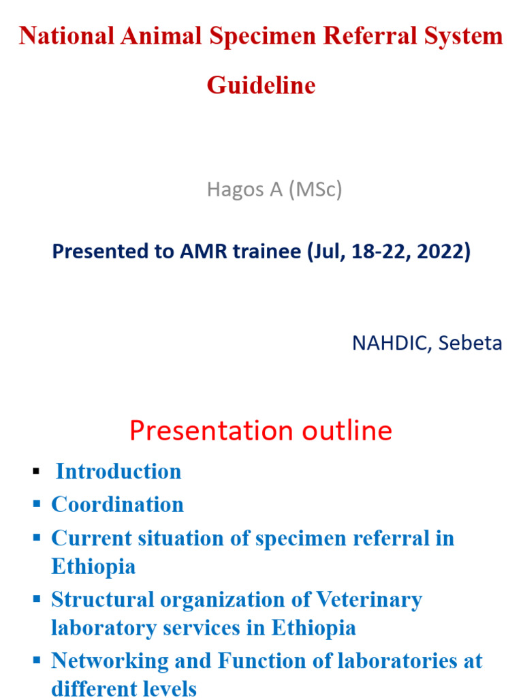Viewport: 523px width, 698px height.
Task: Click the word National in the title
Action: (67, 36)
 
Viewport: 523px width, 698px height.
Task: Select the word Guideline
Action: (261, 86)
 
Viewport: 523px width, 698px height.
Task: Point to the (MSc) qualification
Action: (315, 189)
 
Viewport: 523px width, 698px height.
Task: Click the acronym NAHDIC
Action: (392, 343)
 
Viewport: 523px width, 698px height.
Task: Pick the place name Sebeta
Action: (471, 343)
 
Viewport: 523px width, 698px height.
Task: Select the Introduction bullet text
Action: (118, 472)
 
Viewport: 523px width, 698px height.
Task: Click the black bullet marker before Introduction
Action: (36, 472)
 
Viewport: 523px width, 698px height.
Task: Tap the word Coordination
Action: (117, 505)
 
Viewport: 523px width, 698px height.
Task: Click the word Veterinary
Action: (368, 600)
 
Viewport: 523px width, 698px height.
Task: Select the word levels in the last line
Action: (168, 688)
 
